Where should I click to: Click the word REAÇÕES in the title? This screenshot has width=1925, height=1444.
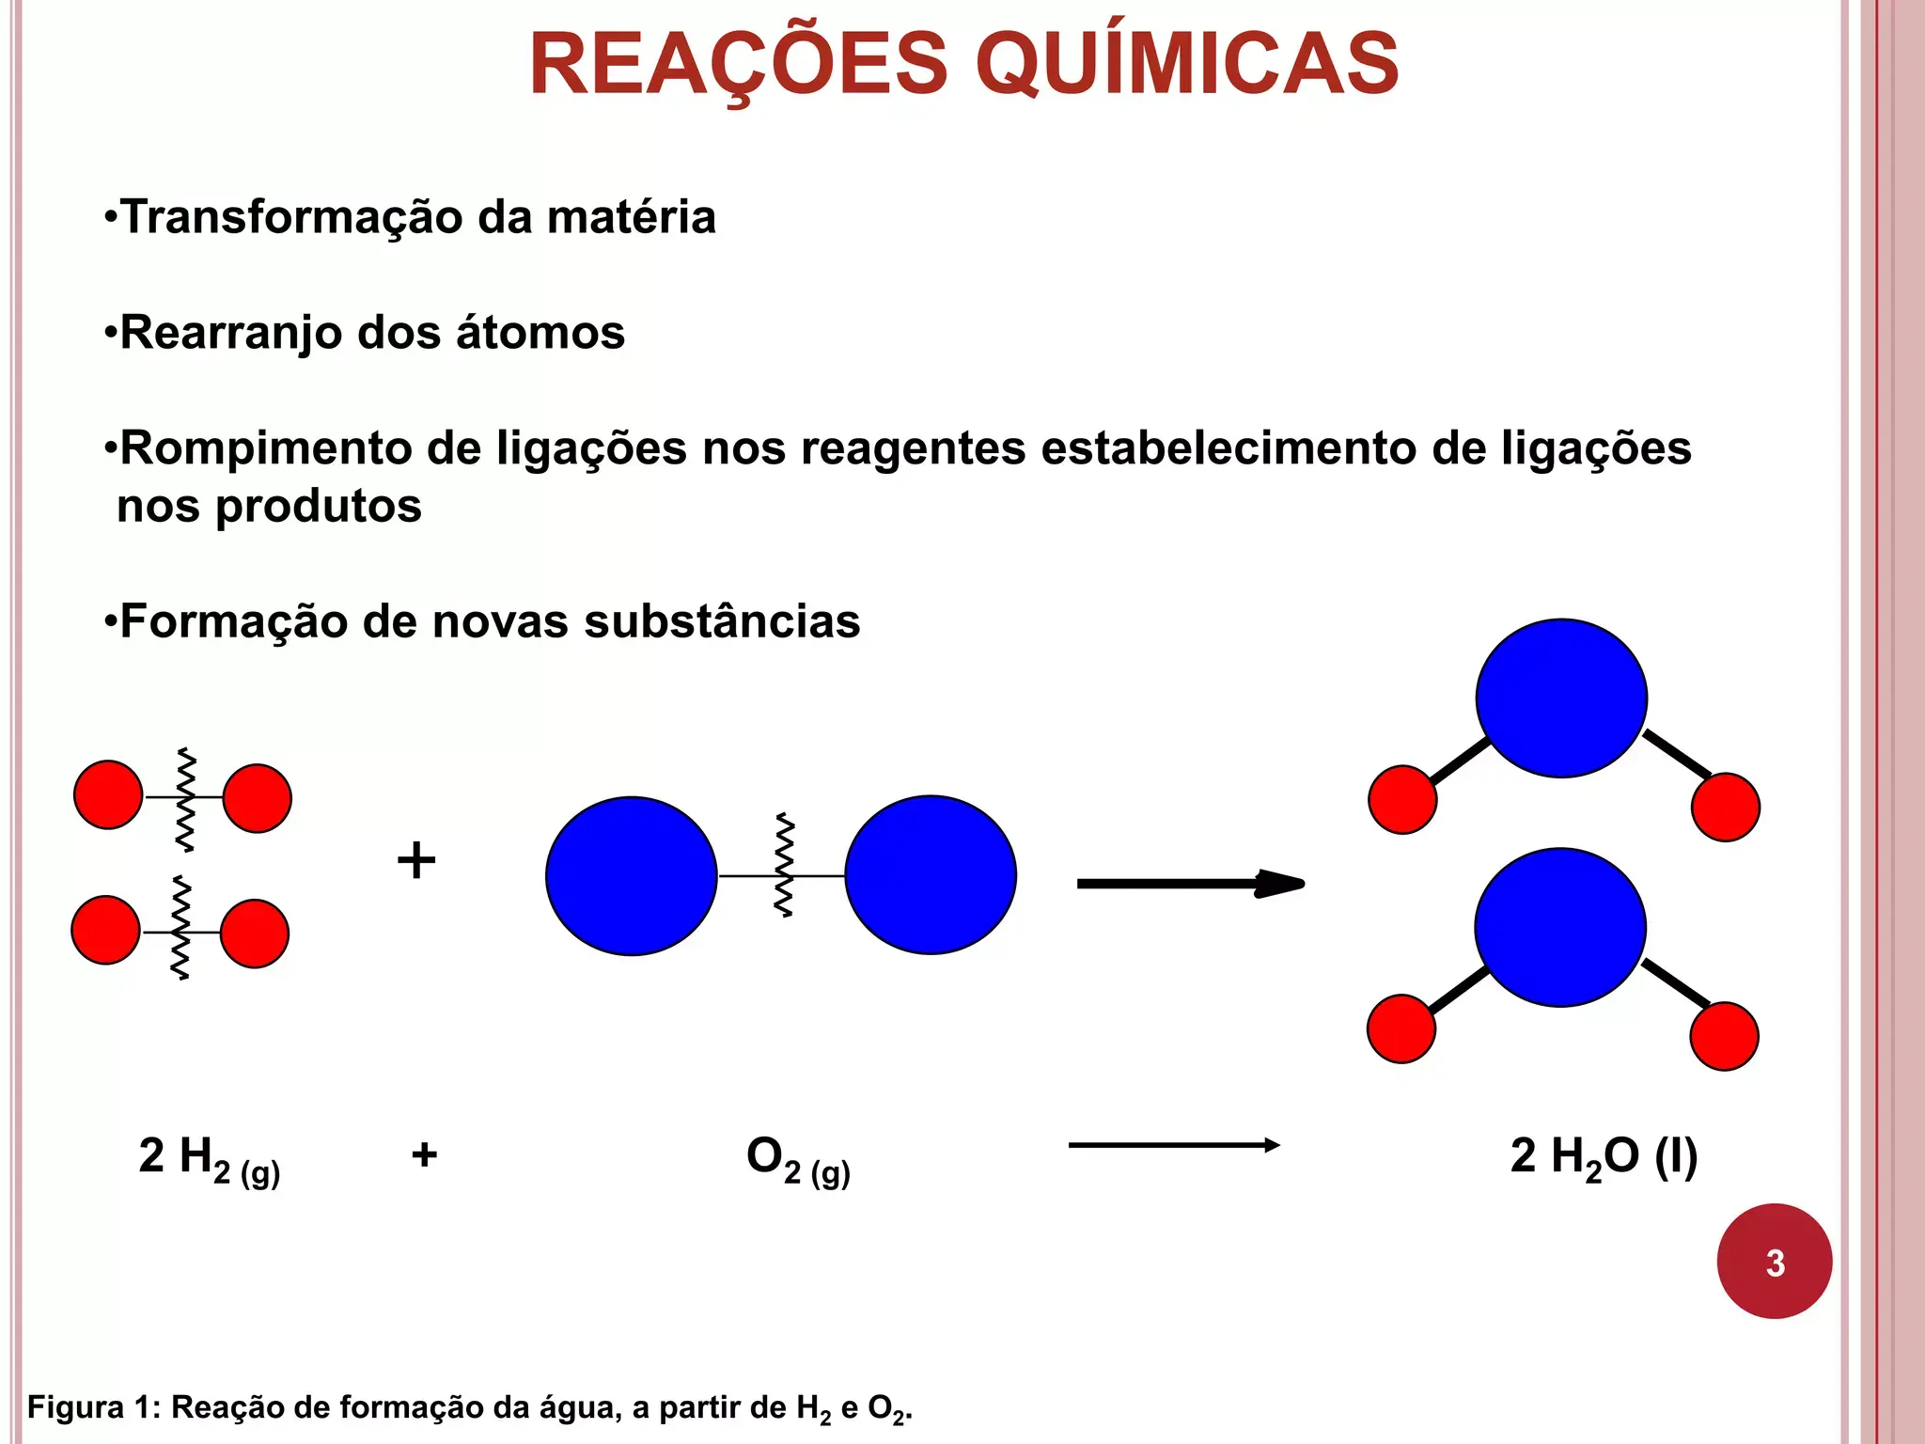(x=739, y=64)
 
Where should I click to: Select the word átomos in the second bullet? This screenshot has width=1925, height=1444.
(x=540, y=333)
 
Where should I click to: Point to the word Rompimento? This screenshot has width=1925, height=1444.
(x=266, y=448)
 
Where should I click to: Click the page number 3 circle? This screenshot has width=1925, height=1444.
(x=1774, y=1262)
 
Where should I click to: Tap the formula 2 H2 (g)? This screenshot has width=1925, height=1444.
(x=209, y=1159)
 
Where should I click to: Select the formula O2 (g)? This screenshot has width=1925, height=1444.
(x=798, y=1159)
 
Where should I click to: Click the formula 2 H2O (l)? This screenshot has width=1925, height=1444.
(x=1604, y=1157)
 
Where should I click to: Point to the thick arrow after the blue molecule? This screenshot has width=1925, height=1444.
(x=1190, y=884)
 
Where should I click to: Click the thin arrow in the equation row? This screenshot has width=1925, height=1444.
(x=1174, y=1145)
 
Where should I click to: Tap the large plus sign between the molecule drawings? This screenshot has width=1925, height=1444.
(x=416, y=860)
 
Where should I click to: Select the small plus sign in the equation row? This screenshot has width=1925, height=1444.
(x=424, y=1154)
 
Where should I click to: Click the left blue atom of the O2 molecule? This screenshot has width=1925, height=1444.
(x=632, y=876)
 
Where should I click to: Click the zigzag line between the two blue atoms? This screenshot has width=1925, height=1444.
(x=783, y=865)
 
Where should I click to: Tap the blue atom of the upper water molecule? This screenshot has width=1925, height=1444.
(x=1561, y=698)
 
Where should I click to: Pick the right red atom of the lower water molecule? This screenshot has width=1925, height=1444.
(x=1724, y=1036)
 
